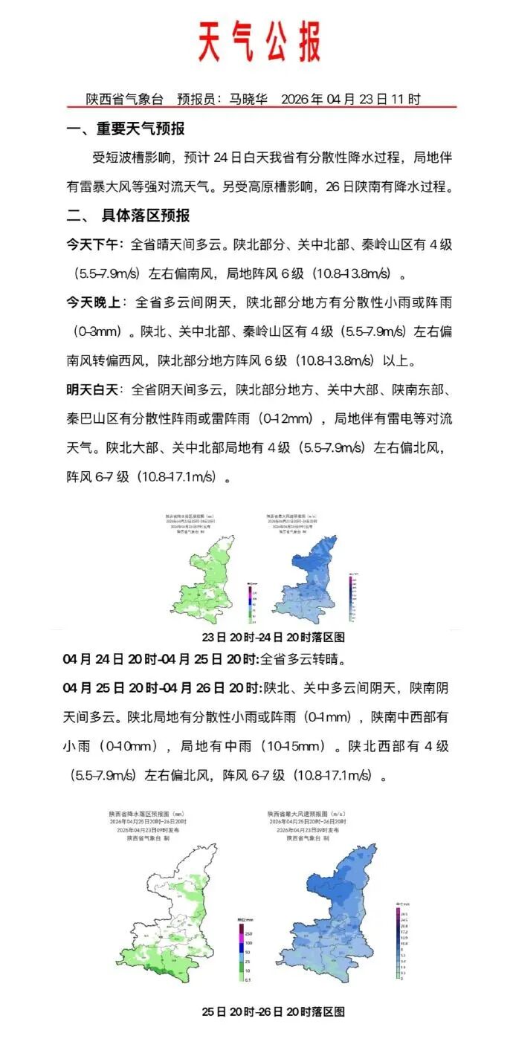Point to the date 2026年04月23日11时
(x=351, y=98)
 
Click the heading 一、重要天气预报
(x=126, y=129)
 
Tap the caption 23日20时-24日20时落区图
(x=274, y=638)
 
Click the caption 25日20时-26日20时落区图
(x=274, y=1011)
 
